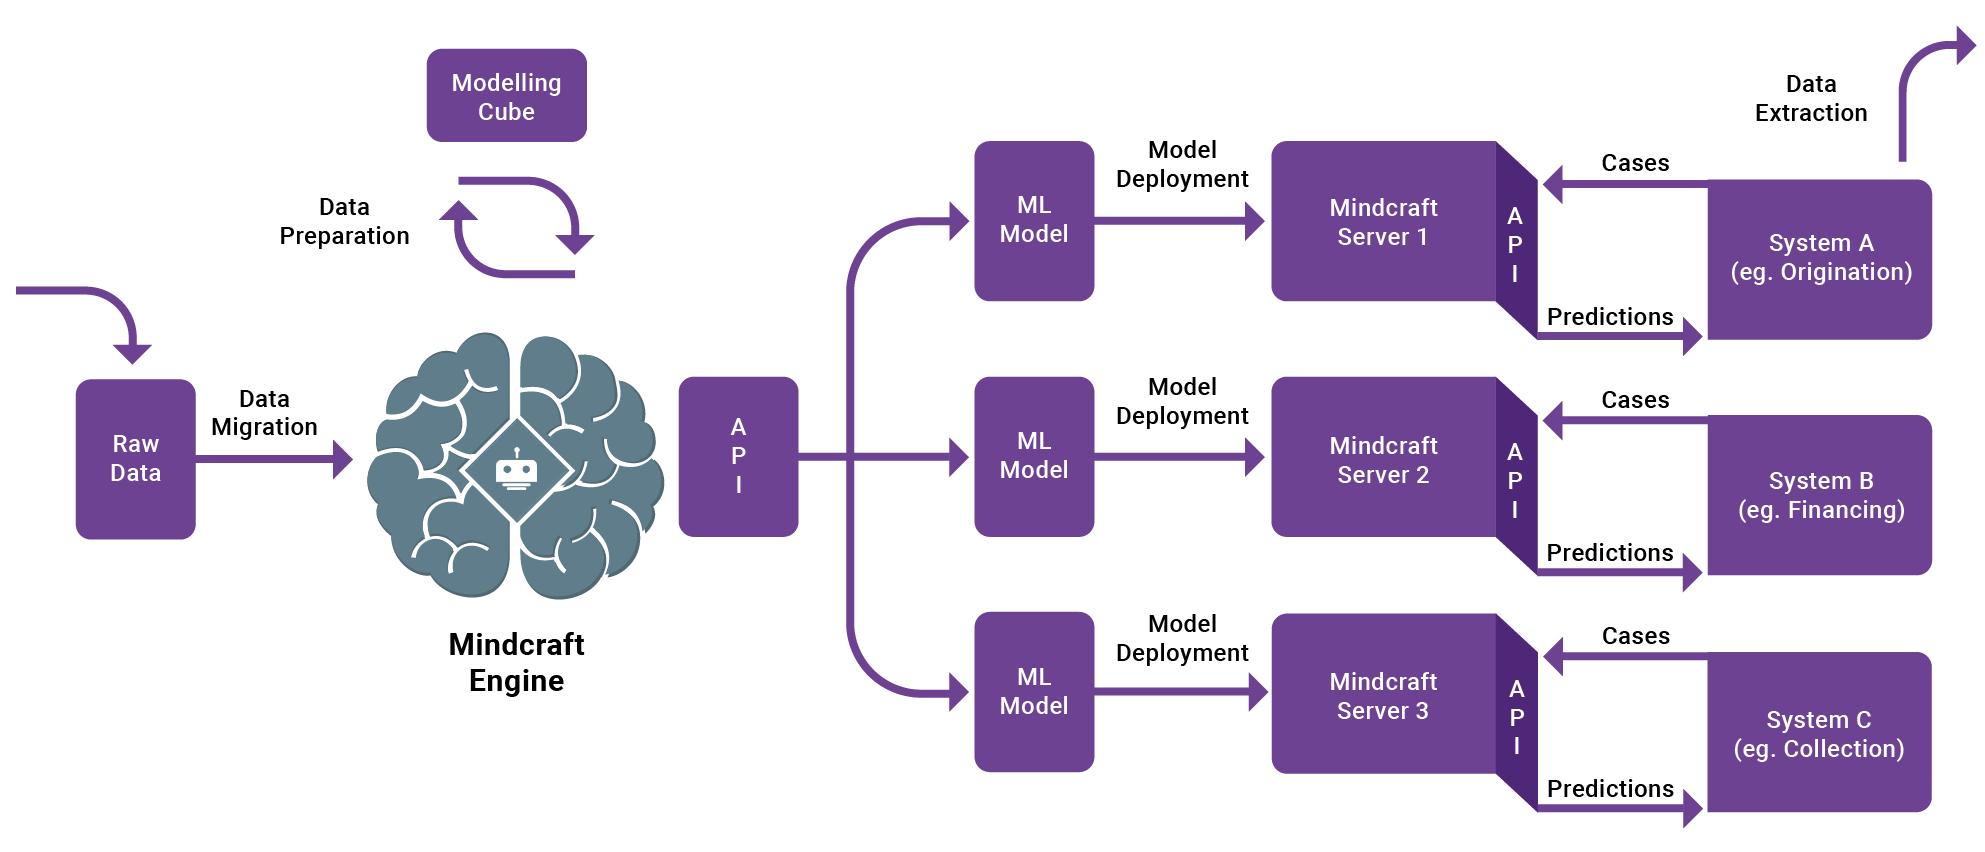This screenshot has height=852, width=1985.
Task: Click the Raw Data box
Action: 135,459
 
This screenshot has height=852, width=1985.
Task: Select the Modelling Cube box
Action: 506,96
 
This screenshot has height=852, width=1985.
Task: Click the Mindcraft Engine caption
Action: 516,662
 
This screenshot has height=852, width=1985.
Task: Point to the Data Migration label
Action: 264,413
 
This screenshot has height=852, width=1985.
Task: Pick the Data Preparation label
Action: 344,221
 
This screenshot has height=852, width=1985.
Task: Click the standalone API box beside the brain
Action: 738,456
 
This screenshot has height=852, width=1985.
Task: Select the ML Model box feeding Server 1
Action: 1034,220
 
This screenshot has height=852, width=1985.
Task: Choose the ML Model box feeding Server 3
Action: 1034,691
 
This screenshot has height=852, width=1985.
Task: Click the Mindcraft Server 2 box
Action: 1383,459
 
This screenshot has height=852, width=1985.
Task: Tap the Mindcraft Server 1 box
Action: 1383,222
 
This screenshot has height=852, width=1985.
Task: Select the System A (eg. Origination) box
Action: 1820,258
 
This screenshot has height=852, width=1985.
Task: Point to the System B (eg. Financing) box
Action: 1820,495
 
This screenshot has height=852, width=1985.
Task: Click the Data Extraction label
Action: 1810,98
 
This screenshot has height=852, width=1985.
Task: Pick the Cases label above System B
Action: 1635,400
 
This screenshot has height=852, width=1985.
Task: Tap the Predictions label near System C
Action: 1609,789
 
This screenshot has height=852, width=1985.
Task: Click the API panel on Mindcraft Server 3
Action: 1516,716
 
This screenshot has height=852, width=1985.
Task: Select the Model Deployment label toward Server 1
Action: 1182,164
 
